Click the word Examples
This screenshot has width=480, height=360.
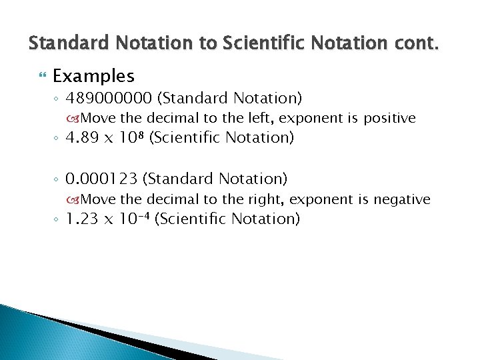tap(93, 76)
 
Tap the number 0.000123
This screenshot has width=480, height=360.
tap(102, 179)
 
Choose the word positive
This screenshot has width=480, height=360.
tap(389, 119)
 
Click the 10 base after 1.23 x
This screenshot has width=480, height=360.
tap(127, 219)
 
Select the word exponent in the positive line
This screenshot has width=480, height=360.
tap(320, 119)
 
